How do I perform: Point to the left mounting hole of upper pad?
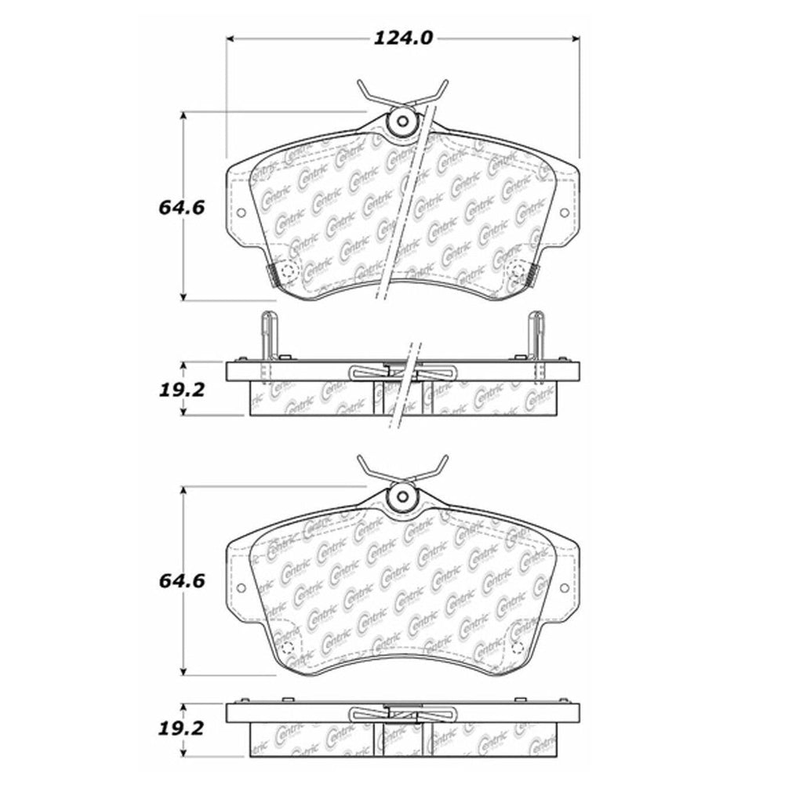(241, 213)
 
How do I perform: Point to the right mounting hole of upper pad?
(564, 213)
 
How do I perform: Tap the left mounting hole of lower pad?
(241, 586)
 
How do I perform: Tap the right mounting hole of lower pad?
(564, 586)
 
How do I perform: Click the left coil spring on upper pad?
(274, 274)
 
